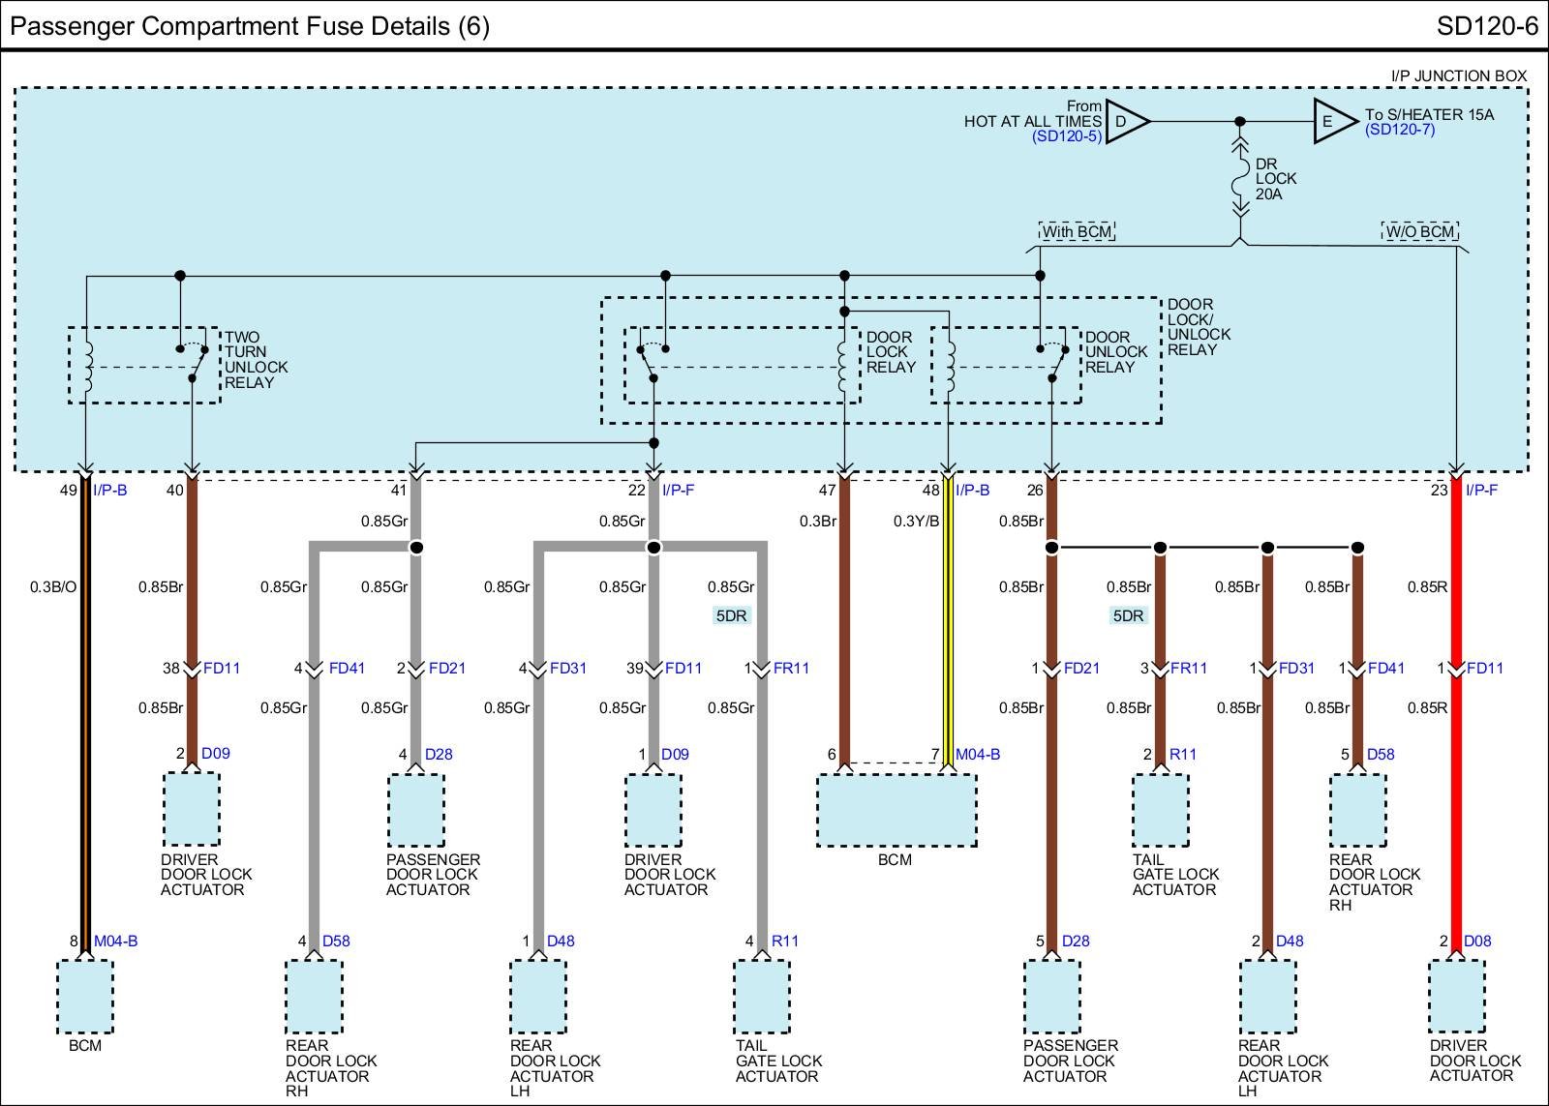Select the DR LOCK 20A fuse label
pyautogui.click(x=1275, y=179)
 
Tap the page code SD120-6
pyautogui.click(x=1486, y=26)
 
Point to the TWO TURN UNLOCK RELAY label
pyautogui.click(x=256, y=360)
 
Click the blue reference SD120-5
pyautogui.click(x=1066, y=136)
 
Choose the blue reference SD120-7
pyautogui.click(x=1400, y=130)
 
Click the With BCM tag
pyautogui.click(x=1077, y=231)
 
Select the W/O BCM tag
pyautogui.click(x=1419, y=231)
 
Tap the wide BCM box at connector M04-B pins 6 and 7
pyautogui.click(x=896, y=811)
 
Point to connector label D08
pyautogui.click(x=1477, y=941)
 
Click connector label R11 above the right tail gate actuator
pyautogui.click(x=1183, y=754)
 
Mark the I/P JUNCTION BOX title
pyautogui.click(x=1458, y=75)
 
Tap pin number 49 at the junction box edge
pyautogui.click(x=68, y=491)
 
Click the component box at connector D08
pyautogui.click(x=1456, y=997)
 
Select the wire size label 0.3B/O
pyautogui.click(x=52, y=586)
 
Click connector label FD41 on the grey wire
pyautogui.click(x=347, y=668)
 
